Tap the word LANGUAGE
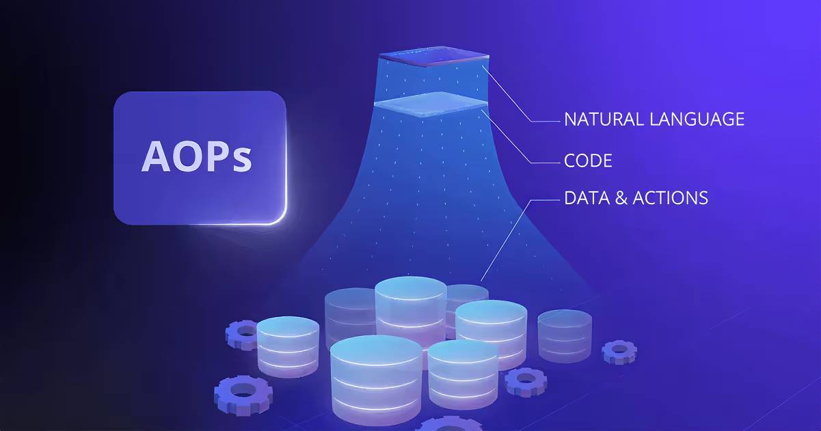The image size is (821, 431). point(697,120)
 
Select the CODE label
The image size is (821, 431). point(589,161)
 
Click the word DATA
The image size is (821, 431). point(587,198)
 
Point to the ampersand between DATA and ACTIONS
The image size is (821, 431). point(621,198)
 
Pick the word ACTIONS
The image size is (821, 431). point(671,198)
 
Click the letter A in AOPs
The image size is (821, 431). point(156,156)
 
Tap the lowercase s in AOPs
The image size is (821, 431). point(242,161)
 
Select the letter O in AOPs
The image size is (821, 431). point(189,156)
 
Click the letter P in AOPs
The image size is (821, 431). point(219,156)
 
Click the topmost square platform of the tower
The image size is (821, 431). point(434,57)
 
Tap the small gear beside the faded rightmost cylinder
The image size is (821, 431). point(619,352)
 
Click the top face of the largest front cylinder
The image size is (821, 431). point(376,350)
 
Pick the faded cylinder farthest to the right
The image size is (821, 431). point(565,336)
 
